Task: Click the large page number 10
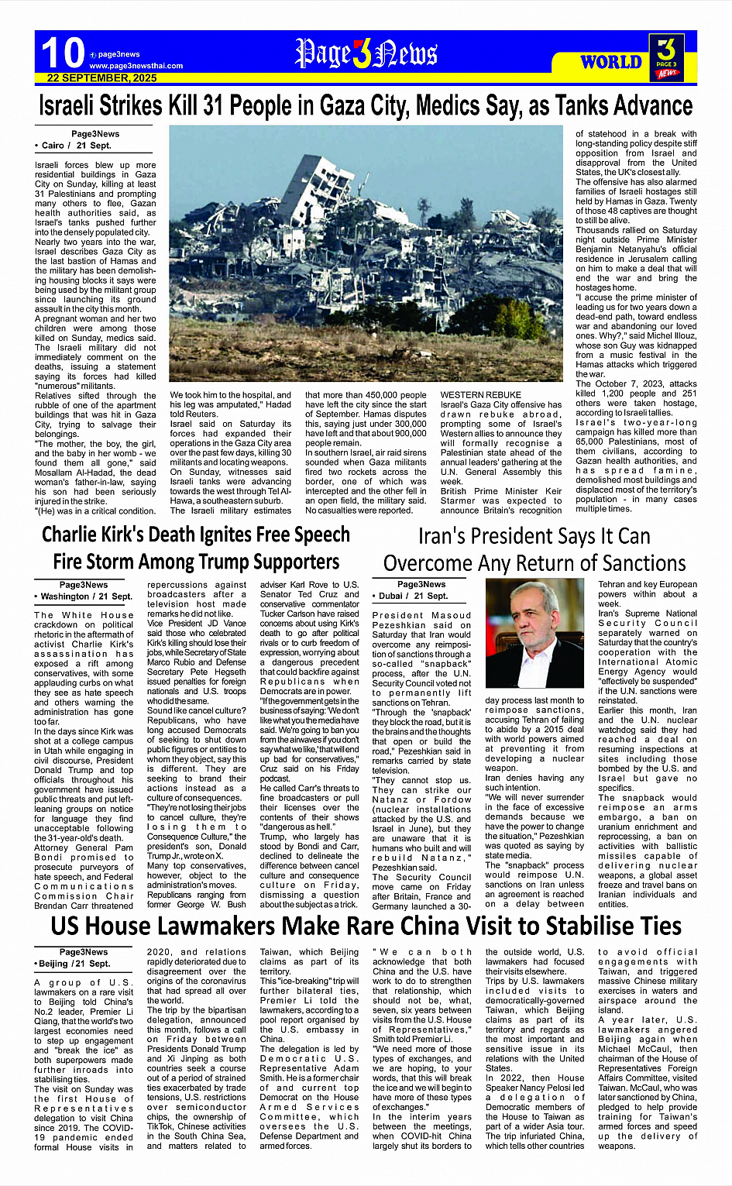click(63, 53)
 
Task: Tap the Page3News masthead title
click(366, 53)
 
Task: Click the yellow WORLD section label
click(611, 62)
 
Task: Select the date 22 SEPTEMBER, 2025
click(101, 78)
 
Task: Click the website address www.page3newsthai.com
click(136, 66)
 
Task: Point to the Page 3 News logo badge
click(666, 57)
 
